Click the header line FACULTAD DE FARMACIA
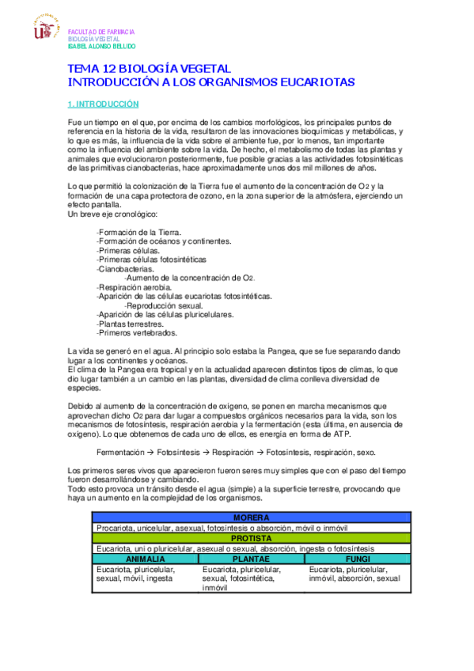[101, 32]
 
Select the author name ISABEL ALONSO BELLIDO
[107, 46]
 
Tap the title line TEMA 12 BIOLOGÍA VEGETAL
[150, 70]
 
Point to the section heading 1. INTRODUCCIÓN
[104, 104]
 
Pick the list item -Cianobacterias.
[125, 268]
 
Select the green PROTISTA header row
[252, 538]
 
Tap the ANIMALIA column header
[146, 559]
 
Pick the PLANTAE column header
[252, 559]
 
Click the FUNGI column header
[358, 559]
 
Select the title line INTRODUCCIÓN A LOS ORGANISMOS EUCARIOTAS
[212, 82]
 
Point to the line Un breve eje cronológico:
[113, 214]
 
